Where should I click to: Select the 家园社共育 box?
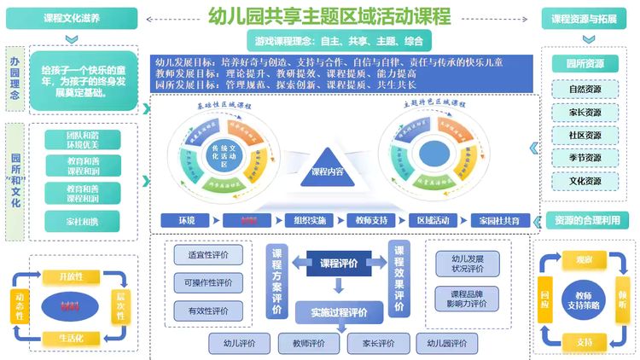[x=501, y=220]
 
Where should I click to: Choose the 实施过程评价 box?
[x=338, y=313]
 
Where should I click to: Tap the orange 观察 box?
[x=584, y=258]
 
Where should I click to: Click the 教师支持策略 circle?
[x=583, y=299]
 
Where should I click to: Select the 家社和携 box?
[x=82, y=222]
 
